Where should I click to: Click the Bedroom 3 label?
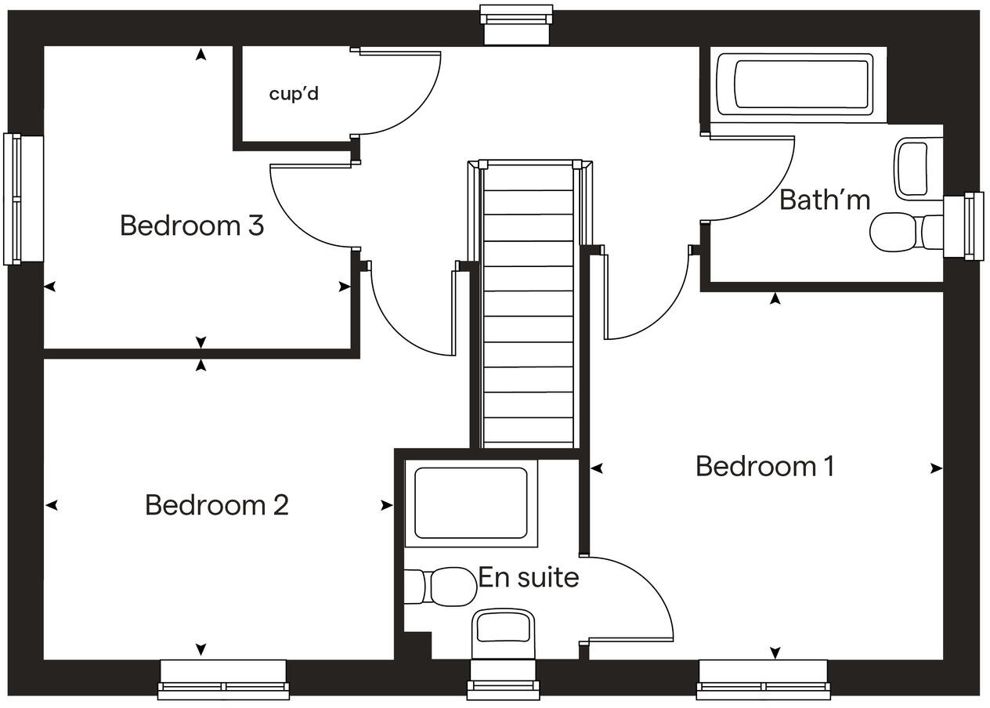click(192, 226)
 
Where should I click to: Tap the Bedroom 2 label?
click(216, 504)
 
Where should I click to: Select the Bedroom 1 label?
click(765, 466)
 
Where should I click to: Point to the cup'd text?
click(294, 94)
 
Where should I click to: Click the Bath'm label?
click(825, 200)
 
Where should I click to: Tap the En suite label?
click(529, 577)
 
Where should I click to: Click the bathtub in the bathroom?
click(795, 84)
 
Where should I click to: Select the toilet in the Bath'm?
click(906, 233)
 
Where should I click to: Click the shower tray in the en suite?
click(472, 504)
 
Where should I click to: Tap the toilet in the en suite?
click(440, 587)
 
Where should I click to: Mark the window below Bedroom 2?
click(223, 679)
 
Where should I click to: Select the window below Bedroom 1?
click(764, 679)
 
